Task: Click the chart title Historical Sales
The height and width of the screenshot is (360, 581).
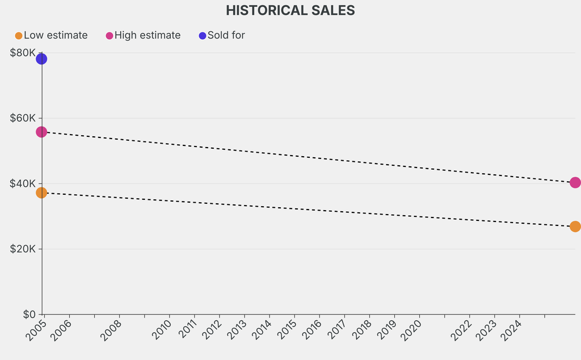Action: click(290, 10)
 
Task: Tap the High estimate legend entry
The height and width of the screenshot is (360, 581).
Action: click(143, 35)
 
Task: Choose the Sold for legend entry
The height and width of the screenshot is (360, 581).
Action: click(222, 35)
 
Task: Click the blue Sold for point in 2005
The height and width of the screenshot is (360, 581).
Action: click(41, 58)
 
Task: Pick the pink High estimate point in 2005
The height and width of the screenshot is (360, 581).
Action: click(41, 132)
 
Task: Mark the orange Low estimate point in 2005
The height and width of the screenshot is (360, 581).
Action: click(41, 192)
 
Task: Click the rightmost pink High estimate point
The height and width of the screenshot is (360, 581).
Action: click(575, 182)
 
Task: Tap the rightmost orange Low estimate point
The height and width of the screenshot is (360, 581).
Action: click(575, 227)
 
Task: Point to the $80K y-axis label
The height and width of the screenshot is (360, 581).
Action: click(23, 53)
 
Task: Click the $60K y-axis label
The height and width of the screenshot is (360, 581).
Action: click(23, 118)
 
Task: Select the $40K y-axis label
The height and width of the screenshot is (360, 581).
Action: click(23, 183)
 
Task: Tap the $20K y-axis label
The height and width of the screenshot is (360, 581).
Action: click(23, 249)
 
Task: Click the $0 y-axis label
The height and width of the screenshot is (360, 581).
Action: click(28, 314)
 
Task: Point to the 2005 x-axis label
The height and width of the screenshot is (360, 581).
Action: click(36, 330)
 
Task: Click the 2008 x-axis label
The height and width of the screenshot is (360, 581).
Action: click(111, 330)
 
